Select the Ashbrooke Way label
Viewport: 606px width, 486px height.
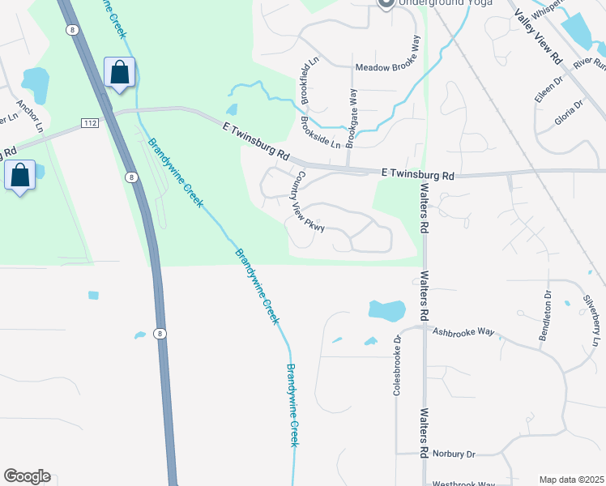[463, 331]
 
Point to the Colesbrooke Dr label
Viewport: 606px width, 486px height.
[398, 365]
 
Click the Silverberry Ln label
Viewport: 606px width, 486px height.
[593, 319]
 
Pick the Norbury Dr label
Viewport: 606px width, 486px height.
[453, 454]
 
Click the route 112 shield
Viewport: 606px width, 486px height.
[90, 122]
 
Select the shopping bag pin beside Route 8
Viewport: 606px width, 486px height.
[120, 72]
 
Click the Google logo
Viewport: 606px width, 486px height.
[27, 476]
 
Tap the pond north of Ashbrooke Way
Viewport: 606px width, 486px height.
[386, 309]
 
